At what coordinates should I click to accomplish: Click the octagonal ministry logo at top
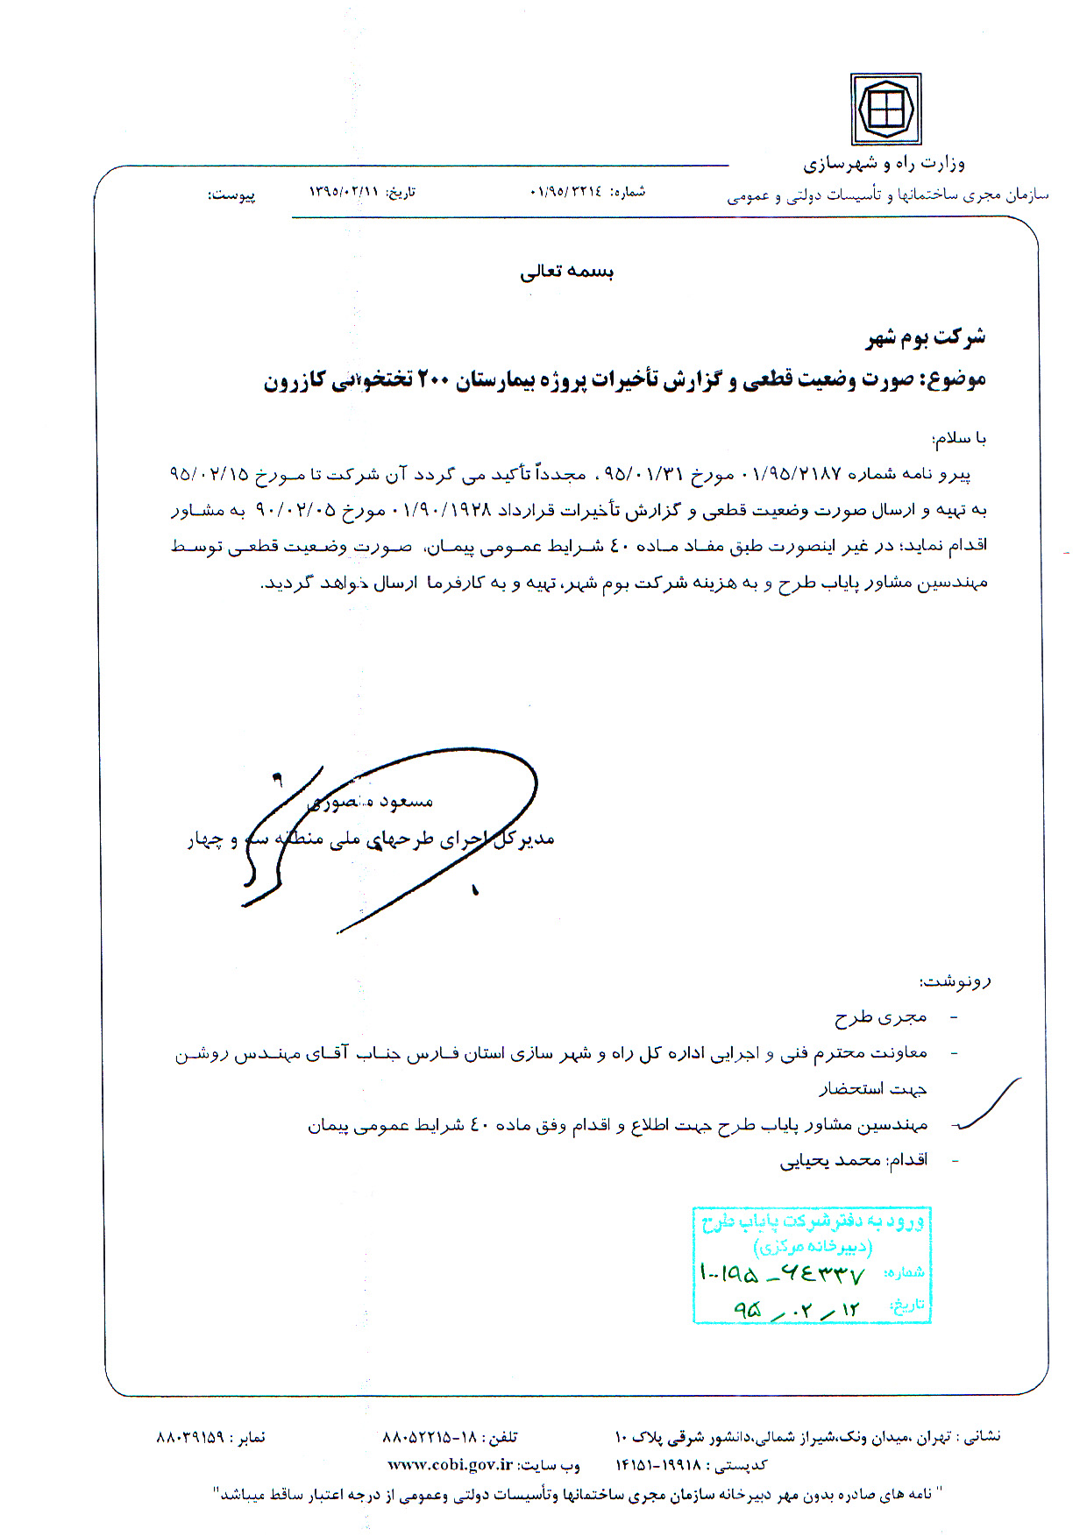885,110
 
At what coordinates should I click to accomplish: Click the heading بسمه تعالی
566,272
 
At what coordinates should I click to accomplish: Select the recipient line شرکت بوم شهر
926,337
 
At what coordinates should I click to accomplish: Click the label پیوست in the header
231,195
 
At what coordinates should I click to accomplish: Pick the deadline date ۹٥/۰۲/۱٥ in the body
209,474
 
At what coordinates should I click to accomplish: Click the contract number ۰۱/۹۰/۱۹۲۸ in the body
447,509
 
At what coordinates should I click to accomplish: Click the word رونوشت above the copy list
955,981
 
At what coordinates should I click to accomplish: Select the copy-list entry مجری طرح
880,1017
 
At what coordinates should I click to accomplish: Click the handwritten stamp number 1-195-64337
782,1272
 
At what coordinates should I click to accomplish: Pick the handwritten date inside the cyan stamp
796,1310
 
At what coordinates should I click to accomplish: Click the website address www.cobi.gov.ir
450,1464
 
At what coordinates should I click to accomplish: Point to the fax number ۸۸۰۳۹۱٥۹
190,1438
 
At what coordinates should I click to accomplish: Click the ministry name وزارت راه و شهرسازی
884,164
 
